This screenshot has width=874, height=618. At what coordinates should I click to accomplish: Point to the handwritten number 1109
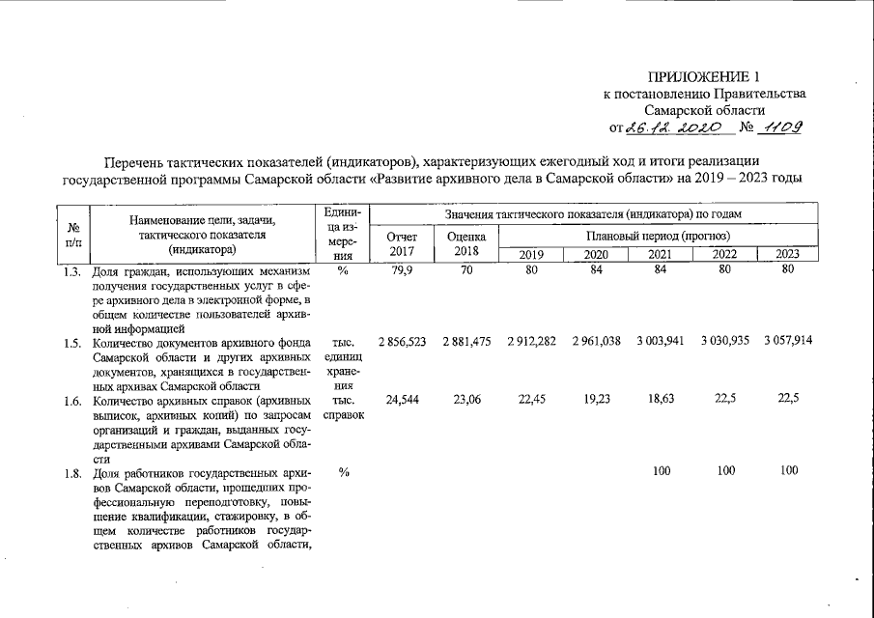[783, 127]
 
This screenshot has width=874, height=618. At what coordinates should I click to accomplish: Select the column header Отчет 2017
[402, 244]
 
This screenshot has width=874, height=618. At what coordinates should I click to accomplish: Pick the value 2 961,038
[596, 343]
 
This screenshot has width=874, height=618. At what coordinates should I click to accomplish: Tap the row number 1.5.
[74, 343]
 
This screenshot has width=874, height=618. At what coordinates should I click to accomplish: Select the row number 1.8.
[74, 474]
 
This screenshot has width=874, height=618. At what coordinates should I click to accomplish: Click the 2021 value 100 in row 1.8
[662, 472]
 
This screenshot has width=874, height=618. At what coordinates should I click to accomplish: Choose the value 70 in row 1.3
[466, 269]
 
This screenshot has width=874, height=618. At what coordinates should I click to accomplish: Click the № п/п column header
[74, 233]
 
